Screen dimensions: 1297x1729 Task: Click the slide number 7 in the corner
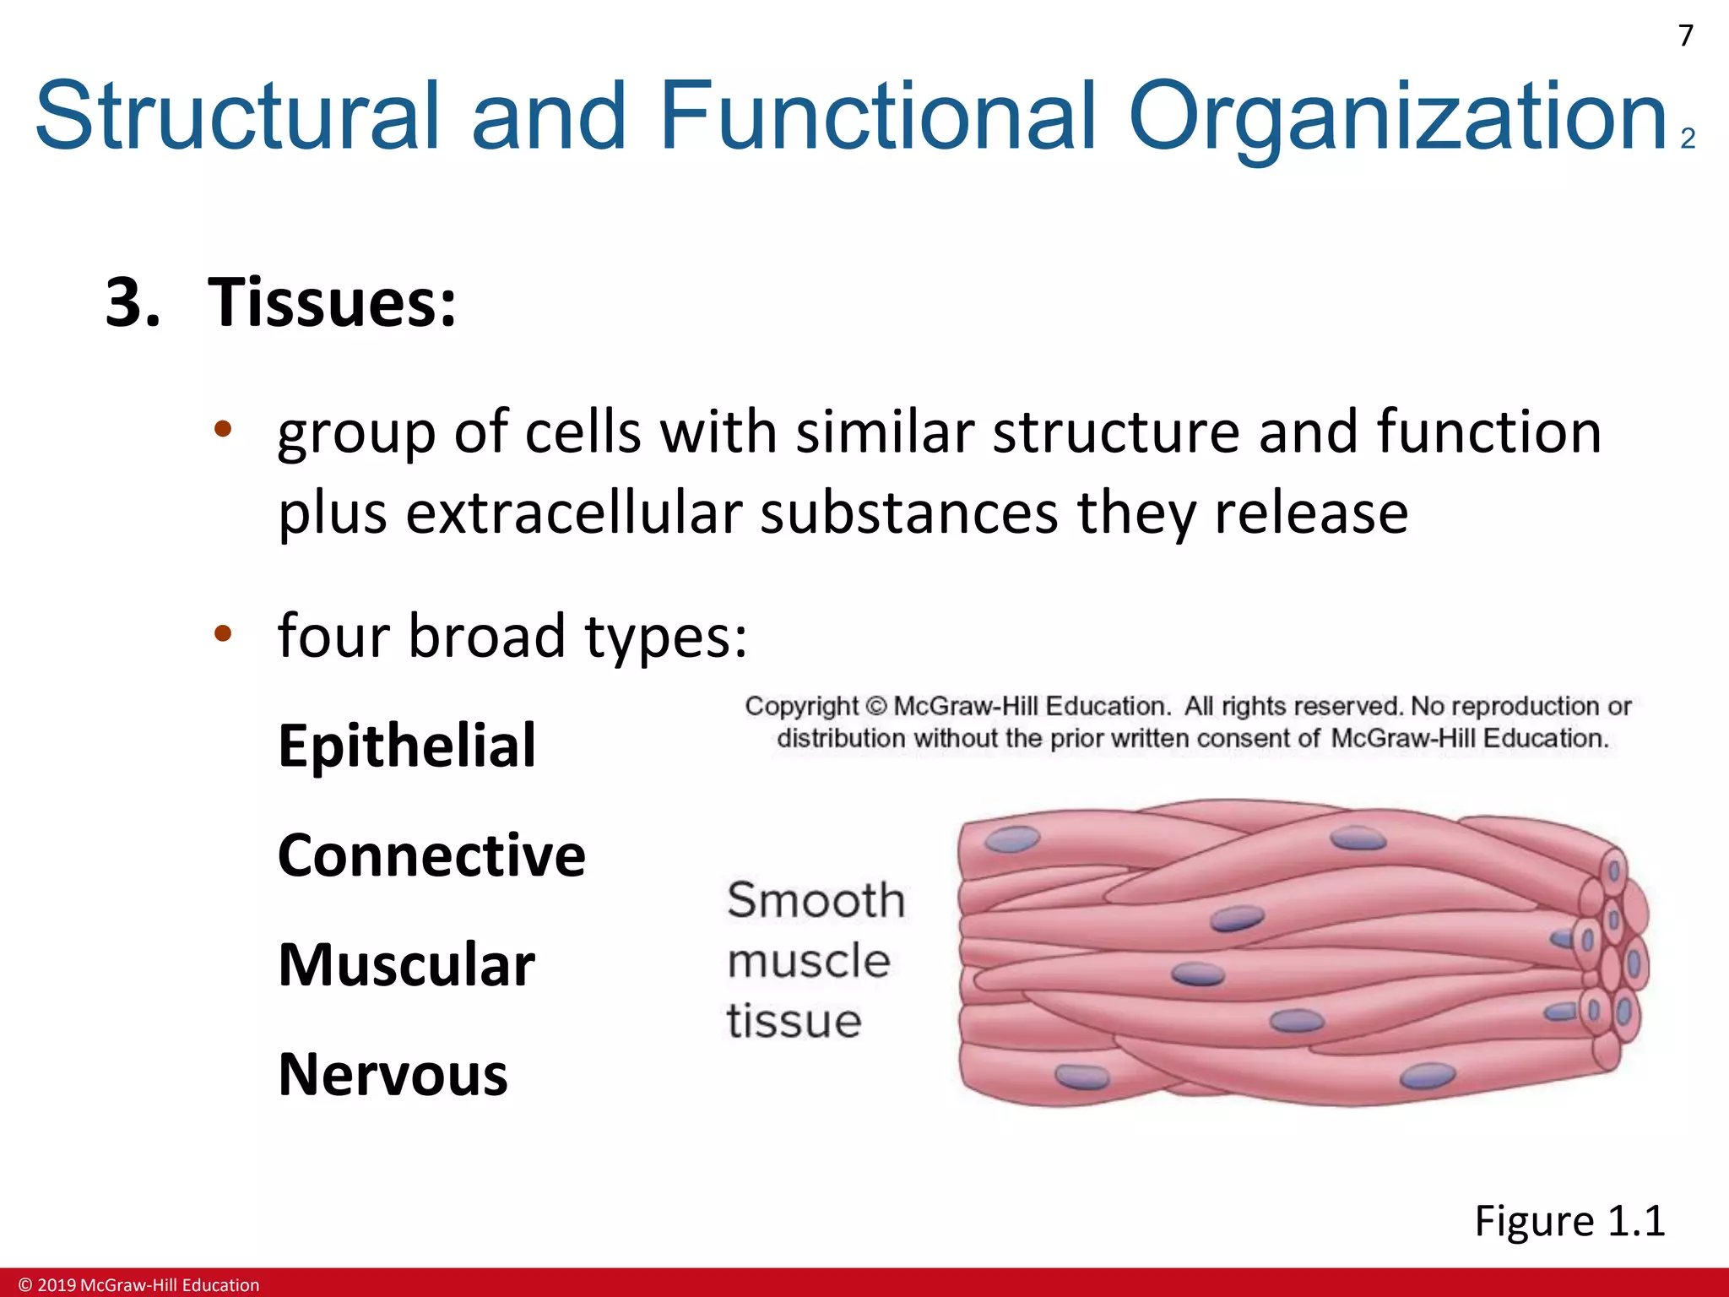tap(1685, 35)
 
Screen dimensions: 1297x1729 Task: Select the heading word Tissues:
tap(332, 302)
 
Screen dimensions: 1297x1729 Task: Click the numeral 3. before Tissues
tap(133, 302)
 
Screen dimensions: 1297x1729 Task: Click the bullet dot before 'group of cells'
tap(222, 430)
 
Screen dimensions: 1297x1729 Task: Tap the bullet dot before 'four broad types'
tap(222, 633)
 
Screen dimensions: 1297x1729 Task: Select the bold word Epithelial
tap(407, 746)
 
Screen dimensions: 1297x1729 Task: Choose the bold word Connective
tap(431, 855)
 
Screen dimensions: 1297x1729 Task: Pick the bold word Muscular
tap(406, 965)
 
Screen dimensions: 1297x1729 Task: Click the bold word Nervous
tap(393, 1075)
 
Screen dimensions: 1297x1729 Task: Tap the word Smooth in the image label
tap(816, 900)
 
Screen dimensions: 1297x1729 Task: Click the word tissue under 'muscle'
tap(794, 1021)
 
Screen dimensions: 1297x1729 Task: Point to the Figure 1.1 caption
tap(1569, 1221)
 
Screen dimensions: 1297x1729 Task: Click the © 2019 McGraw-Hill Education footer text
tap(139, 1285)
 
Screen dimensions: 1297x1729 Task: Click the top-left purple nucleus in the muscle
tap(1013, 839)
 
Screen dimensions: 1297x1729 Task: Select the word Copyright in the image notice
tap(801, 706)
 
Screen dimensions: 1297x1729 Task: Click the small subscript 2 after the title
tap(1688, 138)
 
